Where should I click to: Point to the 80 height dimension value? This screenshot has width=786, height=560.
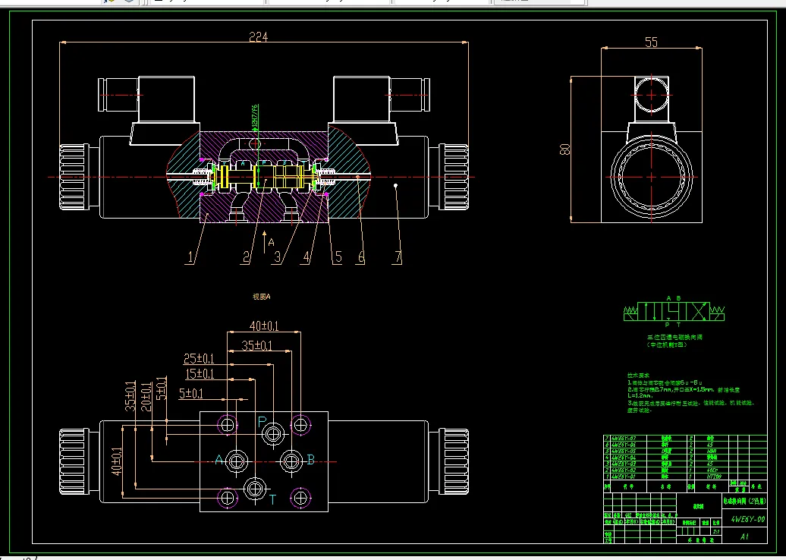(564, 149)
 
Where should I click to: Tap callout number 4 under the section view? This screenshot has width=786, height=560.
(307, 257)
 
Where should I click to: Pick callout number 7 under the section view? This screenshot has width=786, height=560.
(396, 257)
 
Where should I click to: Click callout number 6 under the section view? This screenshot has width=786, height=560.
(361, 257)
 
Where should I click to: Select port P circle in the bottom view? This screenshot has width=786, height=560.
(272, 434)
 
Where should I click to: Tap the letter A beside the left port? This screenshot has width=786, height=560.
(219, 460)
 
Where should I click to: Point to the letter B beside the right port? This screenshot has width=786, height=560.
(310, 460)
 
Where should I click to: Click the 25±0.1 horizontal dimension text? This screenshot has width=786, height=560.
(199, 359)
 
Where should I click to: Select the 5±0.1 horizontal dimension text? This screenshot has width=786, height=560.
(192, 394)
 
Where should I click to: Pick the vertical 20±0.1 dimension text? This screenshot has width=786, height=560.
(146, 396)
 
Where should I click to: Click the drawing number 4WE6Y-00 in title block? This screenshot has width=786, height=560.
(747, 519)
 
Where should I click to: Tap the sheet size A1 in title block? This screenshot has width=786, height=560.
(744, 536)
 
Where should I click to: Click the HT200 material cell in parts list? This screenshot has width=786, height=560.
(713, 477)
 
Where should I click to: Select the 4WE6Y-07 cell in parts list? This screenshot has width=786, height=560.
(624, 439)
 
